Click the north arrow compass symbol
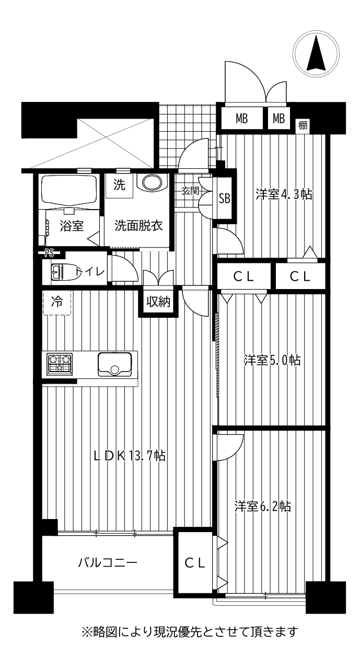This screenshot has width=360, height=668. (316, 54)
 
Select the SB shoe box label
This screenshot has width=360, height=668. (224, 198)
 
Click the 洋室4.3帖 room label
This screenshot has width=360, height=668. (284, 195)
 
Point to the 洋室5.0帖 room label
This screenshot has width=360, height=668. (272, 360)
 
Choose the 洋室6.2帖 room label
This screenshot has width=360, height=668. (262, 506)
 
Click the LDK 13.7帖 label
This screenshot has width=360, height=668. (130, 456)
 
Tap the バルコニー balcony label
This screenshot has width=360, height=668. (108, 563)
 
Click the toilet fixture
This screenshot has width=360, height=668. (65, 272)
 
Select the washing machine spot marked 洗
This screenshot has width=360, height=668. (119, 185)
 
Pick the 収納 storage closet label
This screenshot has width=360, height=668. (158, 302)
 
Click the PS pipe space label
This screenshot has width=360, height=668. (49, 254)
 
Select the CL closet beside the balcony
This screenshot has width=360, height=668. (194, 563)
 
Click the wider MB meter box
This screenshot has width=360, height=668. (242, 119)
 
